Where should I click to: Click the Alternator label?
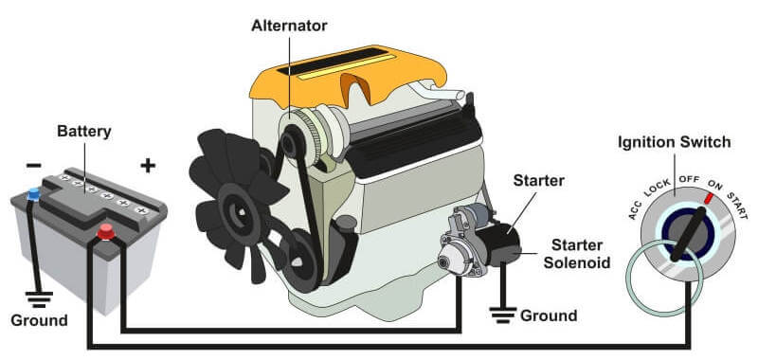[x=289, y=26]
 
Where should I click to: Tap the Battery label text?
[x=84, y=131]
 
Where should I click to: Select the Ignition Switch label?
[x=675, y=142]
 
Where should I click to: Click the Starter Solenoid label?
[x=577, y=254]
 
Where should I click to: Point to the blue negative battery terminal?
[x=34, y=194]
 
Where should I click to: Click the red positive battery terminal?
[x=106, y=232]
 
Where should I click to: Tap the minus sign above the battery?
[x=33, y=166]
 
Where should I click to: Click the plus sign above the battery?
[x=148, y=166]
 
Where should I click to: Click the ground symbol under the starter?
[x=503, y=315]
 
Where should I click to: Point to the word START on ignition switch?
[x=738, y=206]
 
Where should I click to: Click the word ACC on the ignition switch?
[x=635, y=209]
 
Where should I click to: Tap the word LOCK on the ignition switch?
[x=658, y=188]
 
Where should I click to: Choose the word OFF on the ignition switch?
[x=689, y=179]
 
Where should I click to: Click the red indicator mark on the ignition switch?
[x=709, y=198]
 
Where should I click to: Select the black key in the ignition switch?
[x=689, y=233]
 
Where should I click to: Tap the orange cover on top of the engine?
[x=347, y=74]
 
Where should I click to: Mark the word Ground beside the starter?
[x=549, y=315]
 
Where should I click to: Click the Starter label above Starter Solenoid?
[x=538, y=181]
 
